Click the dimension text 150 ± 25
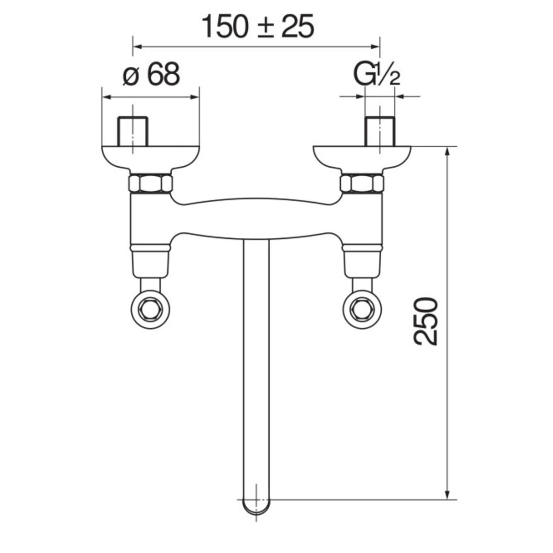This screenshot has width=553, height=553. point(257,26)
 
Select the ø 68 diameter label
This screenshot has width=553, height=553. point(151,75)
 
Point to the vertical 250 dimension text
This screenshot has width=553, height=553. point(426,321)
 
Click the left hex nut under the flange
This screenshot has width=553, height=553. point(151,184)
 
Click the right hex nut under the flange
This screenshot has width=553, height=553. point(362,184)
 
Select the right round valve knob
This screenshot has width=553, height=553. point(363,311)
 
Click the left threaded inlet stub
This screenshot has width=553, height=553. point(133,132)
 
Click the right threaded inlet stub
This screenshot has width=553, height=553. point(379,132)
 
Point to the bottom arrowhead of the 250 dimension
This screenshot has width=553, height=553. point(449,494)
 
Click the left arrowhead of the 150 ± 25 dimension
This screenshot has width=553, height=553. point(137,46)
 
